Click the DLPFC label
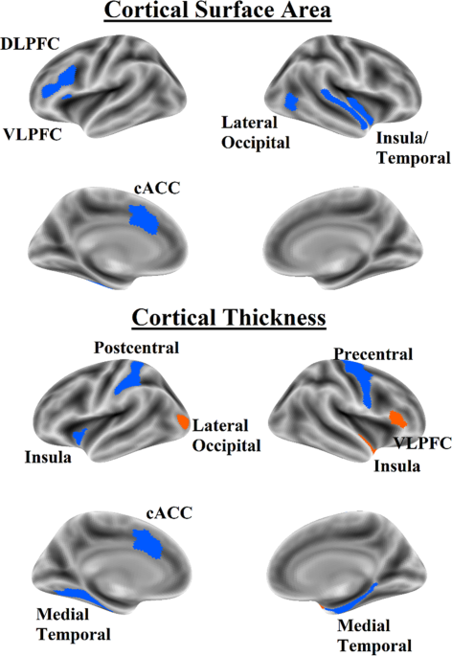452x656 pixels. point(30,44)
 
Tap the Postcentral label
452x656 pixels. point(136,348)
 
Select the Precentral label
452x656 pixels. point(373,354)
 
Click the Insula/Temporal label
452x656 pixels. point(413,148)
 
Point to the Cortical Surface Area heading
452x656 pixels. point(217,10)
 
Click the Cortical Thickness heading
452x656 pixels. point(229,318)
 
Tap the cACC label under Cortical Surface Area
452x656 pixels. point(157,189)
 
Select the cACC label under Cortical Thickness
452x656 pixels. point(169,513)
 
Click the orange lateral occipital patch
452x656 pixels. point(183,421)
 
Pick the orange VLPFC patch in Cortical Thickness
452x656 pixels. point(397,419)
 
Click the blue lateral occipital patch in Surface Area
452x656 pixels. point(291,102)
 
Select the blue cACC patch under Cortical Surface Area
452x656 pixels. point(144,219)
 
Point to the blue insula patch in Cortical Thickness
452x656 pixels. point(79,436)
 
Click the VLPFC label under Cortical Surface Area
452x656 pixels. point(33,135)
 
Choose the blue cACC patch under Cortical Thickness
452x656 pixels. point(147,543)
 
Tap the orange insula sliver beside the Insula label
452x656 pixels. point(366,443)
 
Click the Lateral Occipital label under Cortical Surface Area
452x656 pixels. point(256,132)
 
